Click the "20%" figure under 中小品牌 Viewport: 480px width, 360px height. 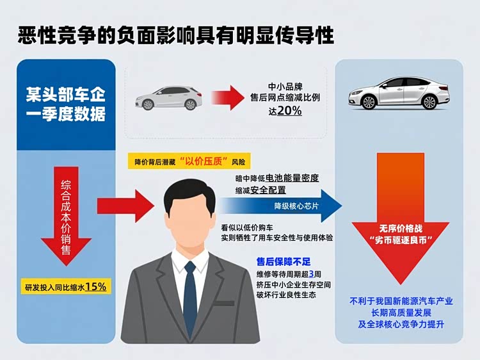click(290, 111)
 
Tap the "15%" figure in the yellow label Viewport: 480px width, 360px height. click(95, 286)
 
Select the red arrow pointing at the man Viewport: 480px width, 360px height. click(125, 206)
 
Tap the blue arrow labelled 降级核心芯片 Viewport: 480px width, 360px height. click(282, 206)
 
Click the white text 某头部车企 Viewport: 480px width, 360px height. click(66, 95)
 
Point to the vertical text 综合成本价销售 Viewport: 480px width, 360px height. click(66, 208)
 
